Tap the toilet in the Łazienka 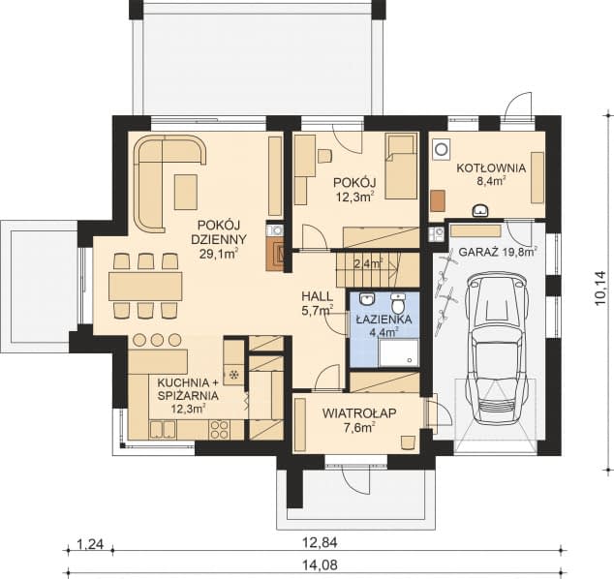(x=398, y=302)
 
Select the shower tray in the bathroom (x=399, y=352)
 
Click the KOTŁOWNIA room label (x=491, y=168)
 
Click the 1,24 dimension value (x=90, y=544)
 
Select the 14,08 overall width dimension (x=320, y=564)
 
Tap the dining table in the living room (x=145, y=286)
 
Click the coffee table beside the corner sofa (x=186, y=193)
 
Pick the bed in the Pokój (x=401, y=168)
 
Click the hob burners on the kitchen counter (x=219, y=430)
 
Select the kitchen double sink (x=162, y=430)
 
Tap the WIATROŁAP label (x=359, y=413)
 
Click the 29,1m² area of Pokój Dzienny (x=219, y=254)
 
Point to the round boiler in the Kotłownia (x=442, y=149)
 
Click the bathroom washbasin (x=367, y=300)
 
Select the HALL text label (x=318, y=296)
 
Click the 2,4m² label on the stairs (x=368, y=264)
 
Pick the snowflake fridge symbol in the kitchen (x=234, y=376)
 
